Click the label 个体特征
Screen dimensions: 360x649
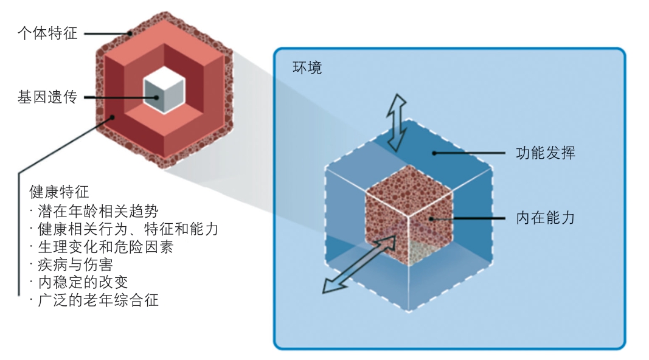47,33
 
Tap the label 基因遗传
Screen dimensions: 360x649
47,97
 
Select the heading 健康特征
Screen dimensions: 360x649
58,192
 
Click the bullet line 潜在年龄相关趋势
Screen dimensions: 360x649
94,211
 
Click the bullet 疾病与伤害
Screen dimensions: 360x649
76,265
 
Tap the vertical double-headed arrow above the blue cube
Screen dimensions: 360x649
398,122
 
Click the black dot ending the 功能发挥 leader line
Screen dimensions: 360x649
434,153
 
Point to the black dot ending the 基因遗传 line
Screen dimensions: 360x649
157,97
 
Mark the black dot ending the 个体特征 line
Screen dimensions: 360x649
130,33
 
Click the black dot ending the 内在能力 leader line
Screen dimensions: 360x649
432,218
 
